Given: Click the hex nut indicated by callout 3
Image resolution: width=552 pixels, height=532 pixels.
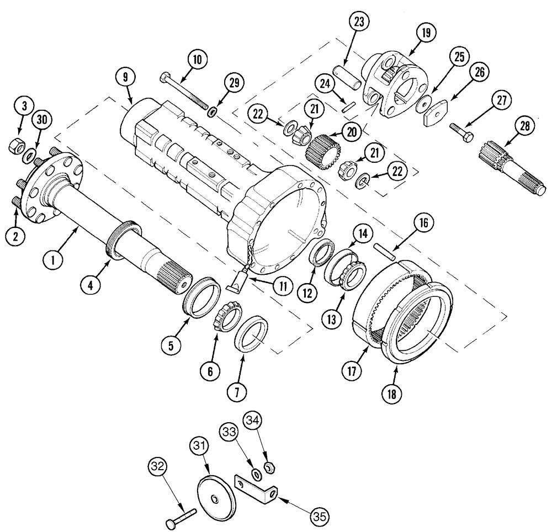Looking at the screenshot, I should (15, 147).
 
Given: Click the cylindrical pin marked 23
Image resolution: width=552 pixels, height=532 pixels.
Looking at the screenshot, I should (349, 77).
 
